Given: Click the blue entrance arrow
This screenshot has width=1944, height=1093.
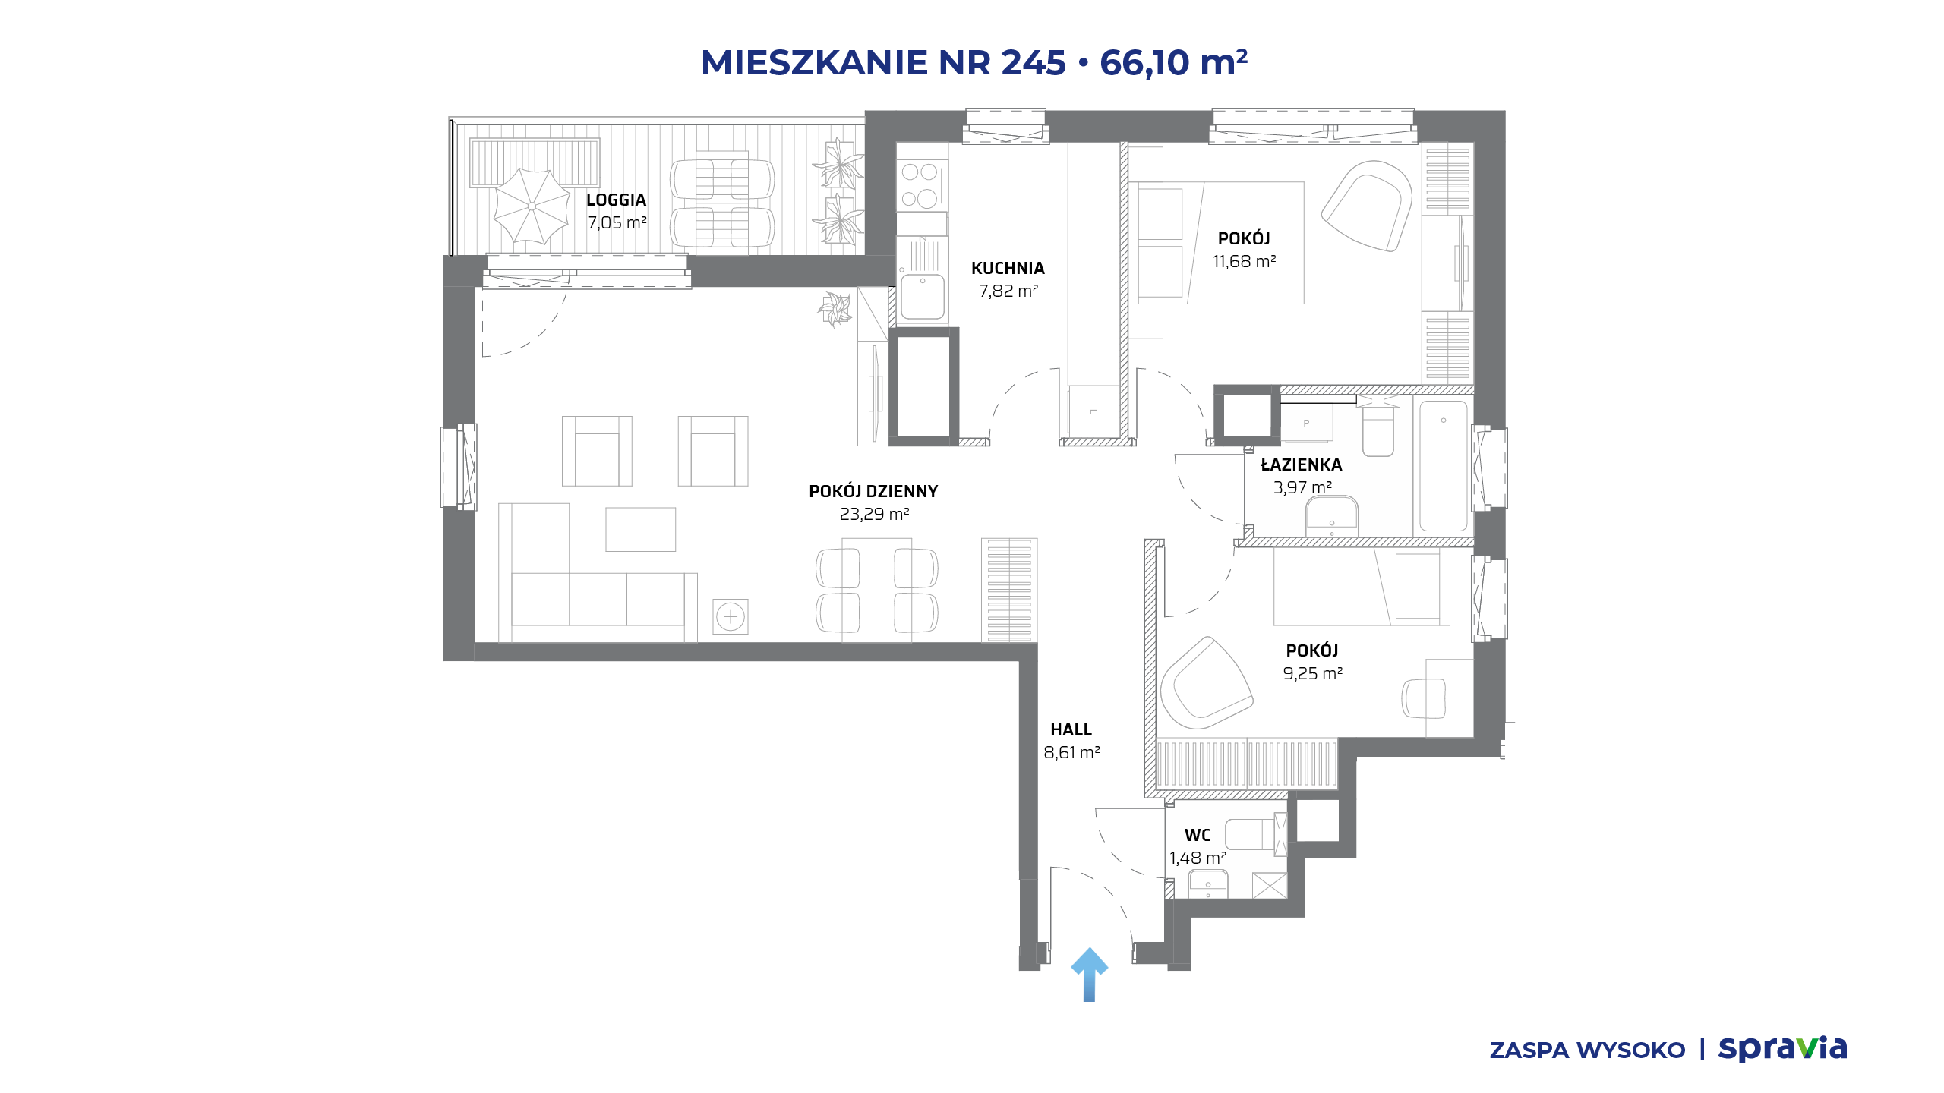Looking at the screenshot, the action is [x=1089, y=975].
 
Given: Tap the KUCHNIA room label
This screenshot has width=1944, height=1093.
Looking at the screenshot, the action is [x=1008, y=268].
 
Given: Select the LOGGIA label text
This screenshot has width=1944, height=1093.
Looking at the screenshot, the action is [x=616, y=200].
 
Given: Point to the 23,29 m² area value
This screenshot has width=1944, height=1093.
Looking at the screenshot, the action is [x=874, y=514].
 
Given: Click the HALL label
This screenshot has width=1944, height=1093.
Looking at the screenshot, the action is [x=1071, y=729].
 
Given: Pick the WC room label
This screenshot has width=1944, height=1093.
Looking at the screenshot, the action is [x=1198, y=835].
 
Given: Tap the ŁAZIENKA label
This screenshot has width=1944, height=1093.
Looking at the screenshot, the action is [x=1302, y=465].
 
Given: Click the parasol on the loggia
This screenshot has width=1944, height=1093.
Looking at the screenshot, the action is [x=532, y=206].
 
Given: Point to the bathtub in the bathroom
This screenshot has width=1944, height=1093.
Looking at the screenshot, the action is [x=1444, y=466].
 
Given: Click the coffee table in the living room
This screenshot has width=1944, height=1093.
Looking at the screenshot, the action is [x=640, y=529].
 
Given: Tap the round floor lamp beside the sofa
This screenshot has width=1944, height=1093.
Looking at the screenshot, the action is [x=731, y=616].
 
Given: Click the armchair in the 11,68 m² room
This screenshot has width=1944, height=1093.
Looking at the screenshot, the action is [x=1367, y=205].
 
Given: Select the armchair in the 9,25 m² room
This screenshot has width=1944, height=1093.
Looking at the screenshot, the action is [x=1206, y=683].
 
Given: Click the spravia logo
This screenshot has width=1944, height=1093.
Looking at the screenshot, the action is [x=1782, y=1049].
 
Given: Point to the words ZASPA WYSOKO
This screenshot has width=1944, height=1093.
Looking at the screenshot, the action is [x=1587, y=1050].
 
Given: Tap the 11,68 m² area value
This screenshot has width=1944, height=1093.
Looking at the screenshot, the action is [x=1244, y=261].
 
